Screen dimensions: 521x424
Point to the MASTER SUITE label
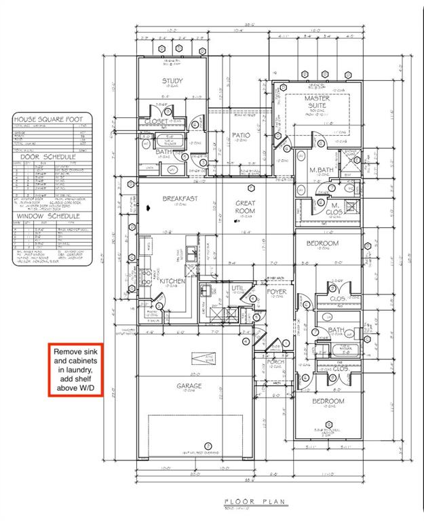tap(317, 102)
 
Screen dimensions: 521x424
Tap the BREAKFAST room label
tap(180, 198)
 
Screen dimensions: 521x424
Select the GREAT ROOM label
tap(245, 207)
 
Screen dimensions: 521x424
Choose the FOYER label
tap(277, 292)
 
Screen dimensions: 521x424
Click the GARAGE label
tap(189, 386)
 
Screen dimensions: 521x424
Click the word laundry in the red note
tap(76, 372)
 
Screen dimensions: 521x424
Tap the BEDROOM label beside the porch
tap(328, 401)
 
